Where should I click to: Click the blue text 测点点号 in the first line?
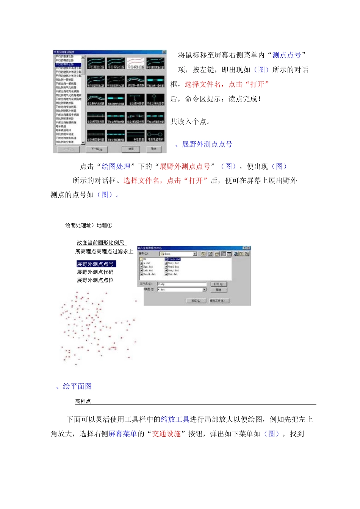tap(286, 55)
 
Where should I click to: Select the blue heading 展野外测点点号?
tap(207, 144)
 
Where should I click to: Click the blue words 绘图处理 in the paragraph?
tap(116, 167)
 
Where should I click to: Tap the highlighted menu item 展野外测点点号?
tap(95, 264)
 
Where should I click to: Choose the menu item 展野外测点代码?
tap(95, 272)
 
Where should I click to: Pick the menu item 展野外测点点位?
tap(95, 280)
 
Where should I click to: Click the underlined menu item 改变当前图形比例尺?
tap(101, 243)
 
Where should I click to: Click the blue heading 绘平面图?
tap(77, 386)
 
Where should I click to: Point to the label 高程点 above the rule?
tap(83, 401)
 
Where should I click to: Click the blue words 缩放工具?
tap(175, 419)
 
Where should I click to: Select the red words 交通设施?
tap(166, 434)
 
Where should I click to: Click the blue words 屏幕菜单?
tap(123, 434)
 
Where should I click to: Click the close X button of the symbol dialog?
tap(164, 52)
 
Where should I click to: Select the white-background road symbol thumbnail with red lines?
tap(135, 63)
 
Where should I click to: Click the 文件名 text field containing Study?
tap(182, 284)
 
